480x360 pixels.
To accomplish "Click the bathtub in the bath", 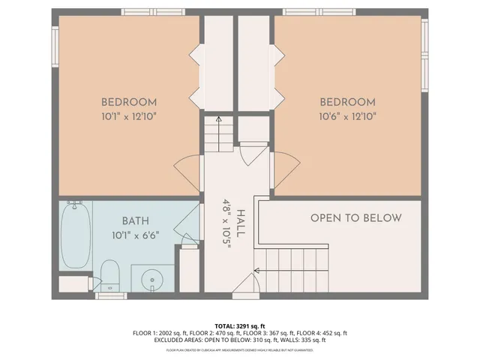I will click(76, 235).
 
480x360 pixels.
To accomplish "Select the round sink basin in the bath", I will click(153, 279).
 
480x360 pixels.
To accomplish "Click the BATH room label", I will click(136, 221).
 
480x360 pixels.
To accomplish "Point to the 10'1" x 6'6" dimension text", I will click(136, 235).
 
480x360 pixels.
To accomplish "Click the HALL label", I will click(239, 223).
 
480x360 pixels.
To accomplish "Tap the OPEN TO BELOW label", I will click(356, 218).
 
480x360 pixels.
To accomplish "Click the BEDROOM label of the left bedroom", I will click(129, 102).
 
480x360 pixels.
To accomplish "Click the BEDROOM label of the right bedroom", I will click(347, 102).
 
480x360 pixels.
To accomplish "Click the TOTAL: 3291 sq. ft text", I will click(240, 325).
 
